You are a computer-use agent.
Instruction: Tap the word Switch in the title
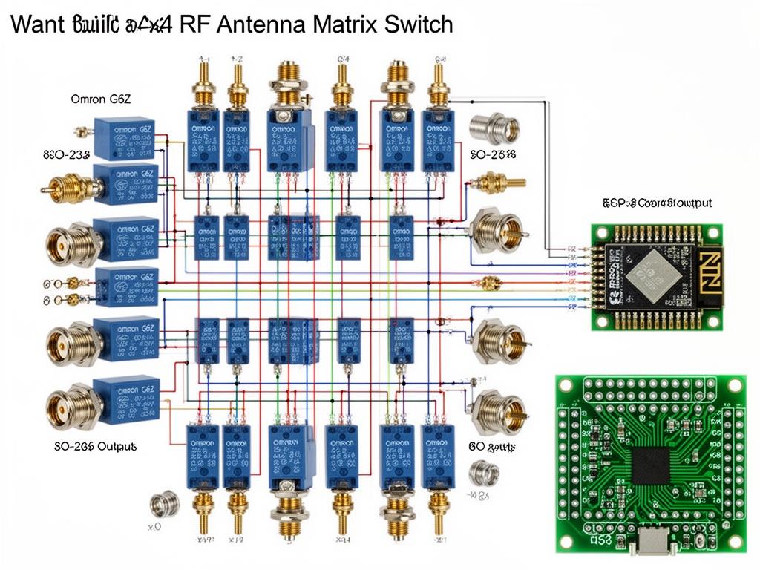coord(419,24)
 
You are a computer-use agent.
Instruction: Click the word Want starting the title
coord(37,24)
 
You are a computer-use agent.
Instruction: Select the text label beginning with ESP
coord(658,202)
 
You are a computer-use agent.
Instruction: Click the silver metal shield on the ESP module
coord(651,277)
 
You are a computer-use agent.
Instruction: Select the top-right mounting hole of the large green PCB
coord(734,387)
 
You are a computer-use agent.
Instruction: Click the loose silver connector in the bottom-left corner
coord(165,504)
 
